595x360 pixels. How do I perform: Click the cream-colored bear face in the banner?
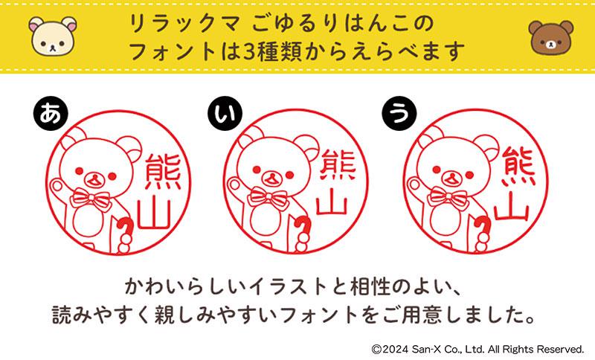(53, 36)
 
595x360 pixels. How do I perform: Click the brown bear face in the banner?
(551, 38)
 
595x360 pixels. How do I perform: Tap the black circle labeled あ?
(51, 113)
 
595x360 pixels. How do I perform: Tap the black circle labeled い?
(225, 113)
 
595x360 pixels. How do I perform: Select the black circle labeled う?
(399, 113)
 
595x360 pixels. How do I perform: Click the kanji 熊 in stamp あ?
(163, 172)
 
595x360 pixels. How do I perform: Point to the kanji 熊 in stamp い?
(338, 165)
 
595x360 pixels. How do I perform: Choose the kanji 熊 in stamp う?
(518, 167)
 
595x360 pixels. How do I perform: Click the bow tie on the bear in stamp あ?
(90, 199)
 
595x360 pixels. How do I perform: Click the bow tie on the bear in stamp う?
(448, 197)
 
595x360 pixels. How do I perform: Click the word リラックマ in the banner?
(185, 24)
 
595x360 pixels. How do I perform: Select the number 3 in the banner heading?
(249, 51)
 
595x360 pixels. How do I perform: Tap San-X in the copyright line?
(425, 349)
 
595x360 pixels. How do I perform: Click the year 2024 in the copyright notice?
(396, 349)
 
